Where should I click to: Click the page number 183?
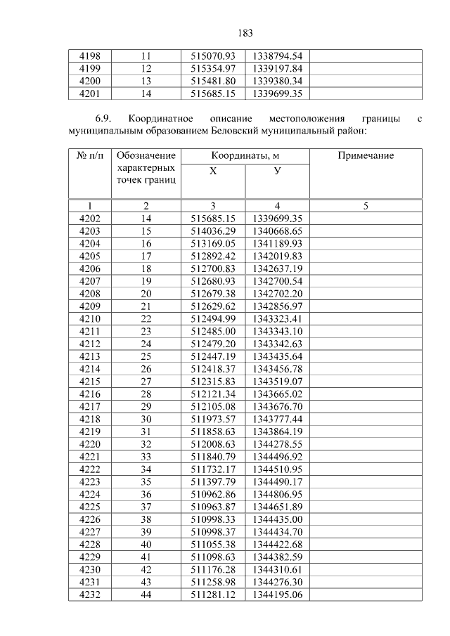(245, 33)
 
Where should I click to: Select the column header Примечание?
(366, 155)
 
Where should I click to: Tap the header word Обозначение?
(146, 155)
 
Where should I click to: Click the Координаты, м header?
(245, 155)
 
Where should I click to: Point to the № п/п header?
(89, 155)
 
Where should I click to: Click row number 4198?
(89, 56)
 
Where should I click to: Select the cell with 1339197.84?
(277, 68)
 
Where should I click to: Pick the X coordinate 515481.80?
(213, 81)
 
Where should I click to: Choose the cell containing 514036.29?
(213, 231)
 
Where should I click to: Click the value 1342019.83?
(277, 256)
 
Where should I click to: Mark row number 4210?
(89, 318)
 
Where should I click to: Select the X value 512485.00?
(213, 331)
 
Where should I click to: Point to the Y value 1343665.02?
(277, 394)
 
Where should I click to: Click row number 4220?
(89, 444)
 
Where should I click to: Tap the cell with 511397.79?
(213, 481)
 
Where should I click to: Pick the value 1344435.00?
(277, 519)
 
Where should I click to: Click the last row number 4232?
(89, 595)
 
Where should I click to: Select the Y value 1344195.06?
(277, 595)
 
